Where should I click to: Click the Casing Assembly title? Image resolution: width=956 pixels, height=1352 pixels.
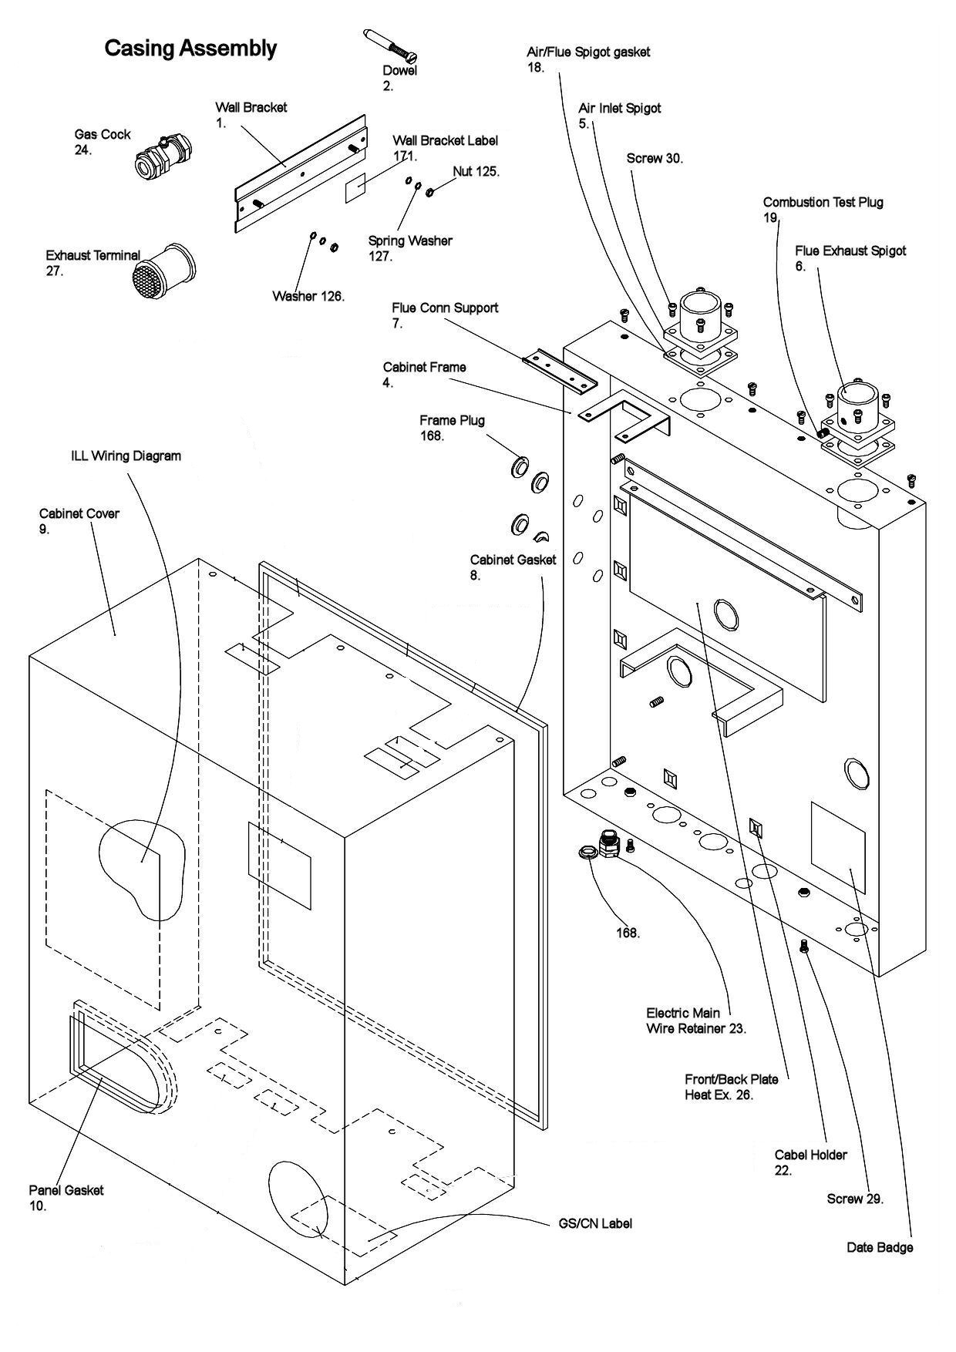click(x=190, y=49)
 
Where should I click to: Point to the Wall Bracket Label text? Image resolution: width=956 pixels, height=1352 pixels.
click(x=445, y=141)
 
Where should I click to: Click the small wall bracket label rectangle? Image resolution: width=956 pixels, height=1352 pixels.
click(x=354, y=187)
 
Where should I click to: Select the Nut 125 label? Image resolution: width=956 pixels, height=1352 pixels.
click(x=476, y=171)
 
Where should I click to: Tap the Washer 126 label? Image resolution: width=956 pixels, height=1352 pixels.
click(x=308, y=296)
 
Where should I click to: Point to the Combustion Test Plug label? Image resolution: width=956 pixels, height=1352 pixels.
click(x=823, y=203)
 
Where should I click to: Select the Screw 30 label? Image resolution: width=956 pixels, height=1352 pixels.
click(x=654, y=158)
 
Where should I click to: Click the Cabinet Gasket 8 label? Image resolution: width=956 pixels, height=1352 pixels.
click(x=512, y=560)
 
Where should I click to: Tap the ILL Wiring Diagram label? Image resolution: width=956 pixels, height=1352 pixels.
click(x=126, y=456)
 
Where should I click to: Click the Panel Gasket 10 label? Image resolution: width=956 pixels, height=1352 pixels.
click(x=66, y=1191)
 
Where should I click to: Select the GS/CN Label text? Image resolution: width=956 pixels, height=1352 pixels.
click(x=594, y=1224)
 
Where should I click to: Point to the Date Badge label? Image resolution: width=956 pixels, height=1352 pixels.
click(x=879, y=1248)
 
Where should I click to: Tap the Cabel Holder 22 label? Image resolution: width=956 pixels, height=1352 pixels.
click(x=810, y=1155)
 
